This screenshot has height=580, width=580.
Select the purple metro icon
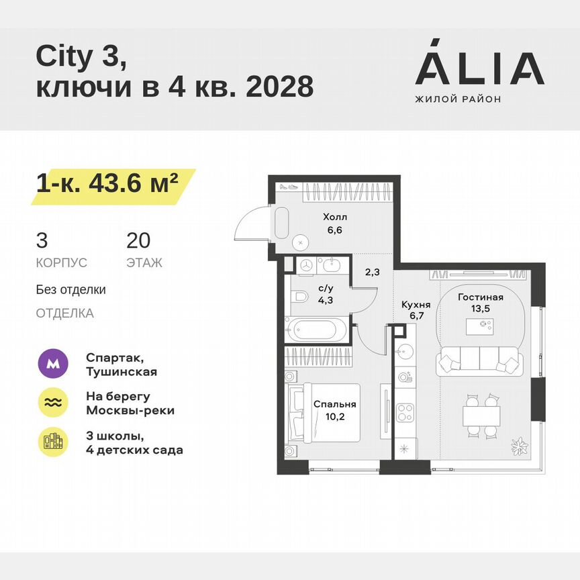(x=52, y=365)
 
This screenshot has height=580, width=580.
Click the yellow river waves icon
(x=52, y=402)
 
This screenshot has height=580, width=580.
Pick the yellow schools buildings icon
(x=52, y=441)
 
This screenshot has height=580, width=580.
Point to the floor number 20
(x=138, y=240)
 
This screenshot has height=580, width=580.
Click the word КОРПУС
(x=62, y=263)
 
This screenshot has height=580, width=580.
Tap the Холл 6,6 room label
(x=334, y=223)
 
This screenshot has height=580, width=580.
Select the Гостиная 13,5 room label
(x=480, y=303)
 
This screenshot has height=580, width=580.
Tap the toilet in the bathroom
(x=299, y=295)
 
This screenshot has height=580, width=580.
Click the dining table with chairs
(x=481, y=416)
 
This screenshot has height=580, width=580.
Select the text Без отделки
(x=71, y=290)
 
